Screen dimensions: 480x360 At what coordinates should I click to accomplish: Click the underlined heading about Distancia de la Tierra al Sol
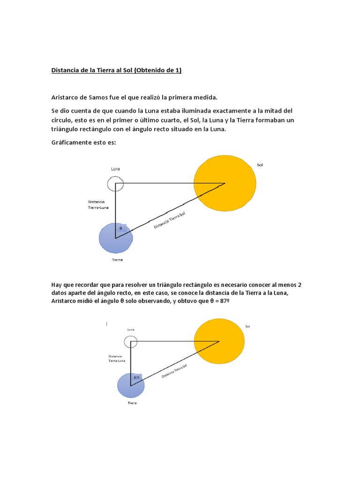click(x=116, y=71)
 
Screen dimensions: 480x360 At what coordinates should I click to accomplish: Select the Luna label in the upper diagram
click(x=115, y=169)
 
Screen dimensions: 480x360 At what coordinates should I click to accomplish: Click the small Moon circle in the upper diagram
click(x=115, y=184)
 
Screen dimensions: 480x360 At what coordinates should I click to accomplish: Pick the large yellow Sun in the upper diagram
click(x=225, y=183)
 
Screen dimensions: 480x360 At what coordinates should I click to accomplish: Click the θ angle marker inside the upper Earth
click(x=120, y=228)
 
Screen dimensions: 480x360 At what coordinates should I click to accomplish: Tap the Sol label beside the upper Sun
click(x=260, y=165)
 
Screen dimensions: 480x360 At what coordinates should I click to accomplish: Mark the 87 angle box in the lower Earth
click(x=137, y=377)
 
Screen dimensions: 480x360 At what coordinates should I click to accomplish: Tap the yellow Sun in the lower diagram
click(x=219, y=342)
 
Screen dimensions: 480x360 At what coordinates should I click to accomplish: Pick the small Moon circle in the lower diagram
click(x=131, y=341)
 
